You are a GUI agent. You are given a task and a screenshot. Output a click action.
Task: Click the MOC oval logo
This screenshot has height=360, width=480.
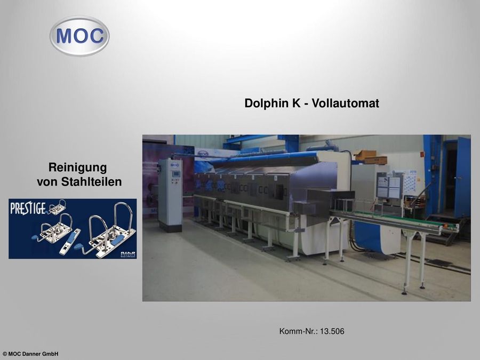click(x=79, y=36)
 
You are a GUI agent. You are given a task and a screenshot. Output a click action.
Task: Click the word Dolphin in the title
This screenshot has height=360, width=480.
click(x=267, y=103)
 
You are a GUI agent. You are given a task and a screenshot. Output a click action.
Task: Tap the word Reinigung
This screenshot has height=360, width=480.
click(x=77, y=167)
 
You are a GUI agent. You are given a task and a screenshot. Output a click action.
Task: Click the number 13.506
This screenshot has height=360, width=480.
click(x=332, y=332)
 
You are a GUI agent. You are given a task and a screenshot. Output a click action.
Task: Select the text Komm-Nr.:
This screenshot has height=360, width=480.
click(x=298, y=332)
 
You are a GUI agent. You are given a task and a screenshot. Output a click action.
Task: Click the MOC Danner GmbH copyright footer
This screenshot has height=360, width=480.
click(x=30, y=354)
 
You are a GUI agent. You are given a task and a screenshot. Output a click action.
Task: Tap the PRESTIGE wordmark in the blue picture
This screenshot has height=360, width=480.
click(x=28, y=207)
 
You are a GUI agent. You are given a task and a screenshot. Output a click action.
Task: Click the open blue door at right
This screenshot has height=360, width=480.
click(x=462, y=177)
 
